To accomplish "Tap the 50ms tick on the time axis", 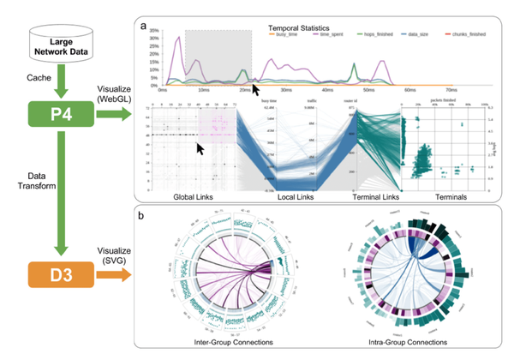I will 368,90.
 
